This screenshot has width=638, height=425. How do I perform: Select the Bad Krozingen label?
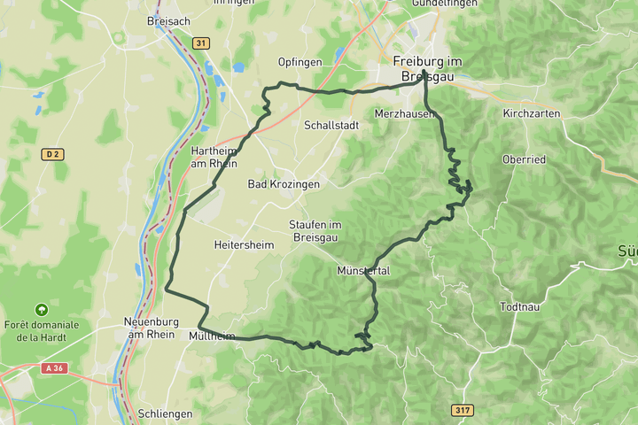(x=283, y=184)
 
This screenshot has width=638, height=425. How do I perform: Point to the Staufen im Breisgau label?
(x=315, y=231)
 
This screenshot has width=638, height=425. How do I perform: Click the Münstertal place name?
(x=363, y=270)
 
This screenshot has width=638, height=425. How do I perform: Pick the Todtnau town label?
(x=520, y=306)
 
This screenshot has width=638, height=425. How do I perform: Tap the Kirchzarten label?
(x=532, y=114)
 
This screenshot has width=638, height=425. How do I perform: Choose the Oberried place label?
(x=525, y=159)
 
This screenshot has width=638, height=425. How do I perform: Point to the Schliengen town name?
(x=164, y=413)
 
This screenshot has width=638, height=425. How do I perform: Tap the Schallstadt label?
(x=331, y=126)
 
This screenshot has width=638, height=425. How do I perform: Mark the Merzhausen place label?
(x=404, y=114)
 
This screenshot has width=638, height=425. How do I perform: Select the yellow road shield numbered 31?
(x=201, y=43)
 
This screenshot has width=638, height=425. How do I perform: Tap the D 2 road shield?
(x=51, y=154)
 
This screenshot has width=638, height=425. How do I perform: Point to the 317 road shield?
(x=462, y=410)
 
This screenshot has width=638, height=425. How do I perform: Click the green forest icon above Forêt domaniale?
(x=41, y=309)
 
